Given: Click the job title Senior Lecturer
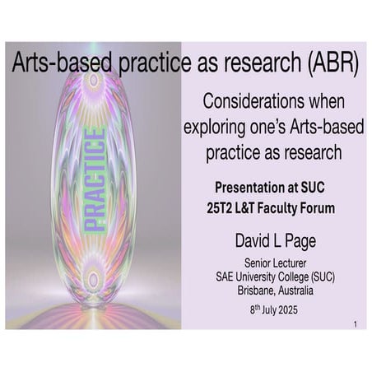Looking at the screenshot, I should [273, 263].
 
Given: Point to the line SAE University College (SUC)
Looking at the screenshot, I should [273, 277].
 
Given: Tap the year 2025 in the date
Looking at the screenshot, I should [295, 310].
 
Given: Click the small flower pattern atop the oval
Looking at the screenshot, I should [92, 81].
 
